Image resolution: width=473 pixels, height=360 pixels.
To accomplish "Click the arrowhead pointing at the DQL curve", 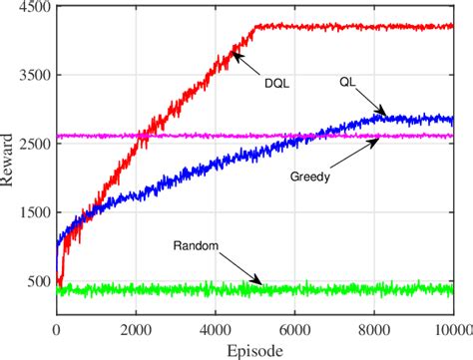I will coord(236,56).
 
